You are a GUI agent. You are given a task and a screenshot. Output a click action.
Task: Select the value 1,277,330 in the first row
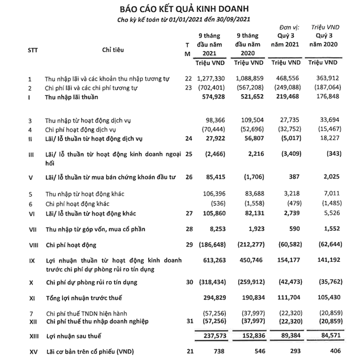[212, 78]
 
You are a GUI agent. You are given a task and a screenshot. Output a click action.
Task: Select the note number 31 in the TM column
[188, 321]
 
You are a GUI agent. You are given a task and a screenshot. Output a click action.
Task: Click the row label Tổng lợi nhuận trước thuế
[85, 298]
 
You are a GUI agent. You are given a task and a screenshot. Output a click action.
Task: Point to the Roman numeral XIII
[33, 337]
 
